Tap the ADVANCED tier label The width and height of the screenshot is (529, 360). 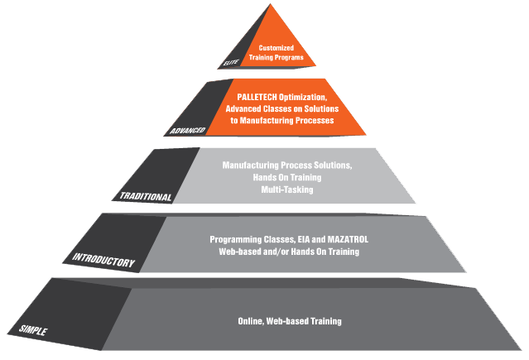pos(187,131)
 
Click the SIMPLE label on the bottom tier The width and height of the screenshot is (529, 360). pos(32,330)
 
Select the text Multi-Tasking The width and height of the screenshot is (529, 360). pos(286,190)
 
